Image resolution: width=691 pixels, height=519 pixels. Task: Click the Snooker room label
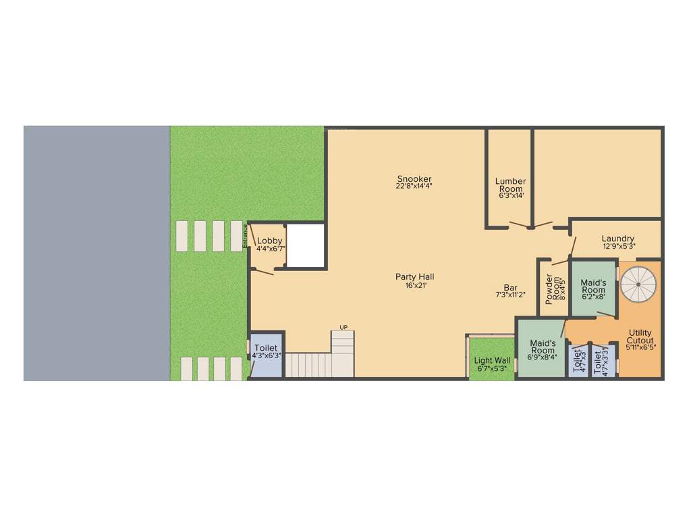tap(414, 178)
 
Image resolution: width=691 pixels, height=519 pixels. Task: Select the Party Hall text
tap(414, 276)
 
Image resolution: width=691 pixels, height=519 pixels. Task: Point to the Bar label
tap(510, 287)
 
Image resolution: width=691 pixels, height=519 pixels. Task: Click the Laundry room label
tap(618, 239)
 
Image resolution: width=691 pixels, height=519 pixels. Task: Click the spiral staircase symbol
tap(638, 285)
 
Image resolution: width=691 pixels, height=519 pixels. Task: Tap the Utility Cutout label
tap(640, 336)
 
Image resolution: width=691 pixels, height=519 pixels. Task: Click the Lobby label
tap(270, 241)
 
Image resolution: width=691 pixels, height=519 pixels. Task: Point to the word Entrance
tap(245, 237)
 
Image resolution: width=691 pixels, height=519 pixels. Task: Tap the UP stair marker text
tap(343, 328)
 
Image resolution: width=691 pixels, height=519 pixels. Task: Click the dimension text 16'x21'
tap(414, 285)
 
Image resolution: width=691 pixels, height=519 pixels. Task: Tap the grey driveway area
tap(96, 253)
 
